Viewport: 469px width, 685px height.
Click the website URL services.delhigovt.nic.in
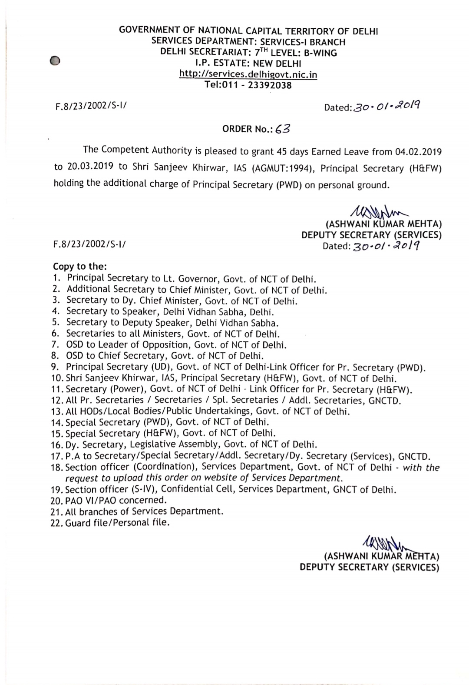(x=248, y=74)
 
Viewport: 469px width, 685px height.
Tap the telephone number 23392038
(x=269, y=85)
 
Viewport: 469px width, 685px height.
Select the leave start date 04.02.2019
(x=418, y=152)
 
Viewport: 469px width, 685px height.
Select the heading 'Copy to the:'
(x=80, y=266)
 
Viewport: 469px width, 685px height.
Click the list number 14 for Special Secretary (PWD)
(x=57, y=422)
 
